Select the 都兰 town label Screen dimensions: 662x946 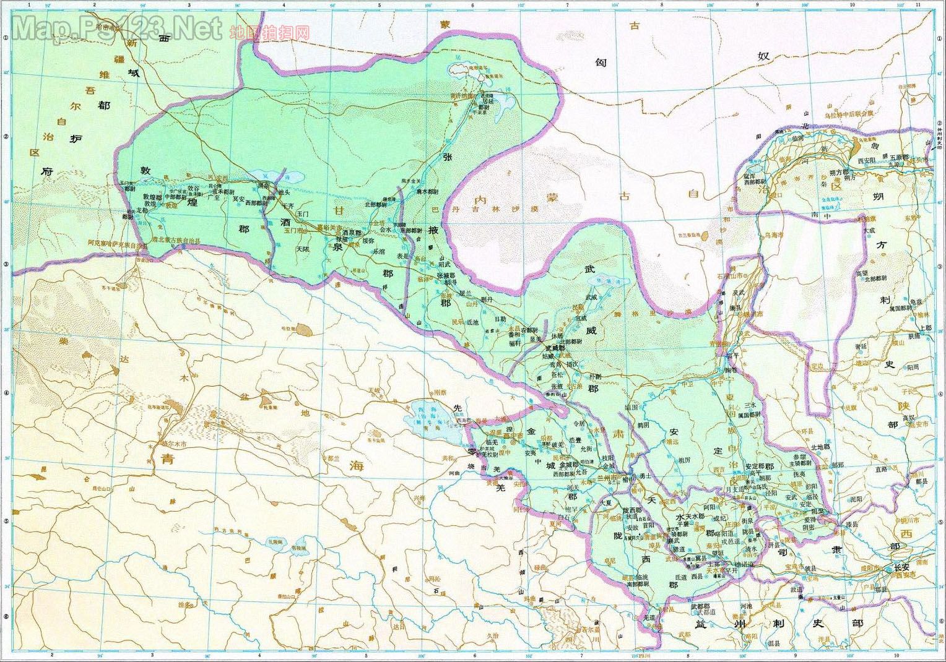334,458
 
